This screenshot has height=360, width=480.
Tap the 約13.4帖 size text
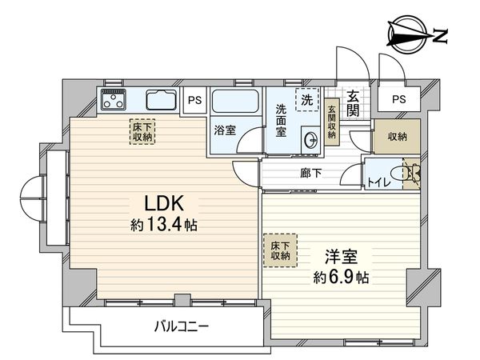[164, 225]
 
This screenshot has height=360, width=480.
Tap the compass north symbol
[416, 35]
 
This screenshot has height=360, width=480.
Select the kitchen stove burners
[114, 101]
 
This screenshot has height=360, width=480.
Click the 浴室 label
[225, 130]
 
